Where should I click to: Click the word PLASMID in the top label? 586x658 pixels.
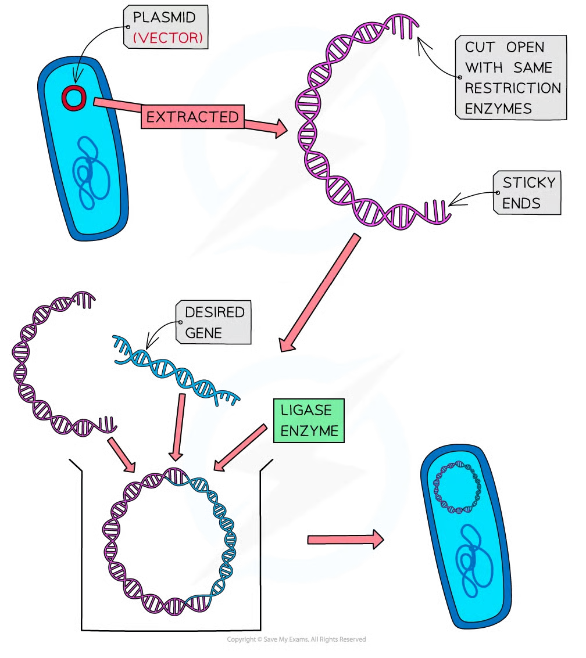click(164, 17)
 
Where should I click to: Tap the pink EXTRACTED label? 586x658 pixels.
click(192, 117)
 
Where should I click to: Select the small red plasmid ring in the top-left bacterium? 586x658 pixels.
click(74, 98)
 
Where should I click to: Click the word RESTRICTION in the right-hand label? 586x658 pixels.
click(512, 88)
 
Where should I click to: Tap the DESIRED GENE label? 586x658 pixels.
click(213, 322)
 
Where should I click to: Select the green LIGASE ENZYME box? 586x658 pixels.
click(309, 420)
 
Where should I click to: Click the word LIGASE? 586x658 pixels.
click(306, 410)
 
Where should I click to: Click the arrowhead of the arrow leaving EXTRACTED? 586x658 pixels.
click(281, 128)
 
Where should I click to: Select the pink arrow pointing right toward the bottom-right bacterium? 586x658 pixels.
click(345, 540)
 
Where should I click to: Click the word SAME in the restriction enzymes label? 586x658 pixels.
click(532, 68)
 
